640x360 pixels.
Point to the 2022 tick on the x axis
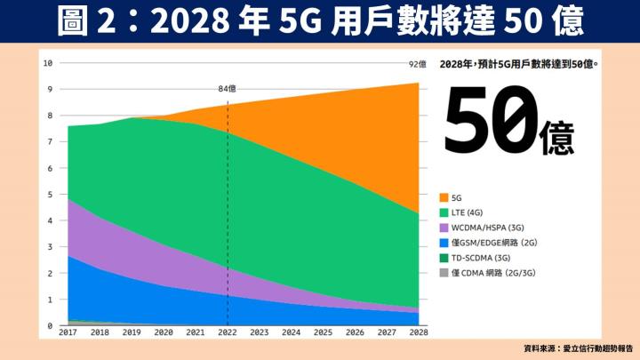pos(228,333)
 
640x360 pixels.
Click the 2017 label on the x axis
pos(68,333)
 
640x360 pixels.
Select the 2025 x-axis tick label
pos(324,333)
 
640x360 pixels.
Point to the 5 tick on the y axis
pos(51,195)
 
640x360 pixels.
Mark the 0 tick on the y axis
pos(51,326)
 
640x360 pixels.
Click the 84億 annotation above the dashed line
pos(228,88)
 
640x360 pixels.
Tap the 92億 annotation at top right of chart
pos(418,63)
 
